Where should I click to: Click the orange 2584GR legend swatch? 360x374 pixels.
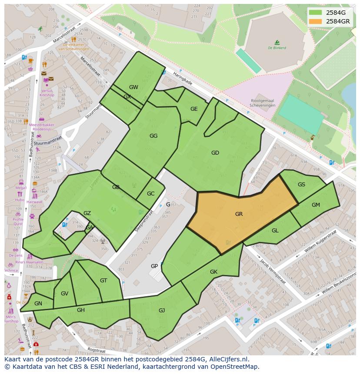[316, 21]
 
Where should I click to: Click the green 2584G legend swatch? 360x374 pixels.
[316, 13]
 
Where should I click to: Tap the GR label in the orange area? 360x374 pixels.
[239, 214]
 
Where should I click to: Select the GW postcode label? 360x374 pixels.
[133, 87]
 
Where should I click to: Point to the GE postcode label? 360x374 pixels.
[194, 109]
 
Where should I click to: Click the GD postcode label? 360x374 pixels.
[215, 153]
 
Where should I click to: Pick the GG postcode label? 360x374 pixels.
[153, 136]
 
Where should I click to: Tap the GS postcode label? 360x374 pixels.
[301, 185]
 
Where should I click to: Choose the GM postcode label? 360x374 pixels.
[316, 205]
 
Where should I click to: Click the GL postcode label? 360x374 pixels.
[275, 231]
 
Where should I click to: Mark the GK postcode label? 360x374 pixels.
[213, 272]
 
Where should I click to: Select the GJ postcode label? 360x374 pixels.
[162, 310]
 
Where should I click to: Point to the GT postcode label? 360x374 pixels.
[103, 281]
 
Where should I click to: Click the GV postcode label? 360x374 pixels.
[64, 294]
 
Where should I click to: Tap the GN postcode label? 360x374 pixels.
[38, 304]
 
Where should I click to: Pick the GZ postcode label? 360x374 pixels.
[87, 213]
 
